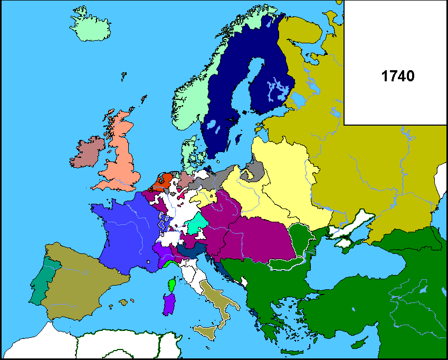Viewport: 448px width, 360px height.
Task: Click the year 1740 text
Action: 397,76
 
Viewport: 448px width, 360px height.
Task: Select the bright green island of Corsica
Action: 172,286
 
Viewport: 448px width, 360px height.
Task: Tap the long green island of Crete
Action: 290,352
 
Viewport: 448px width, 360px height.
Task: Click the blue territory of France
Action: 127,232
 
